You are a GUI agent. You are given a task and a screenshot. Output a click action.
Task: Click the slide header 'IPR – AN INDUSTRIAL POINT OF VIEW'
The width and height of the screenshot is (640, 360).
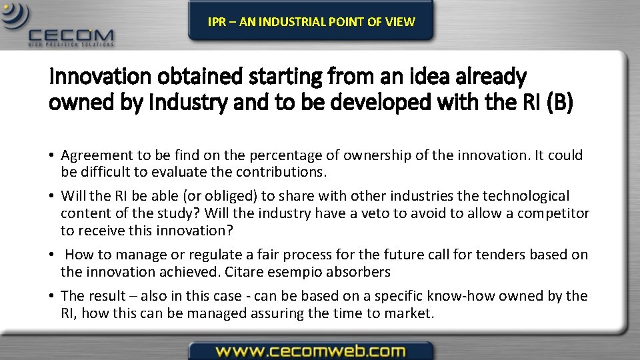click(x=311, y=21)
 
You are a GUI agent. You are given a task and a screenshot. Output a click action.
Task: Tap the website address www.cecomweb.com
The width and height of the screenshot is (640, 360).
click(x=311, y=350)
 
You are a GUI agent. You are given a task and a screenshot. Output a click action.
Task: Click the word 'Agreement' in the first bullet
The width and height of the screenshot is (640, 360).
click(x=97, y=155)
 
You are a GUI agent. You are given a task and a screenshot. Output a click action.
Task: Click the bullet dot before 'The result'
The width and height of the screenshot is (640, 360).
click(x=51, y=296)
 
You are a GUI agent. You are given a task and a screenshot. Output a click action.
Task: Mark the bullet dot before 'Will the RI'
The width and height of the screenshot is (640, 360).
click(x=51, y=196)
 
